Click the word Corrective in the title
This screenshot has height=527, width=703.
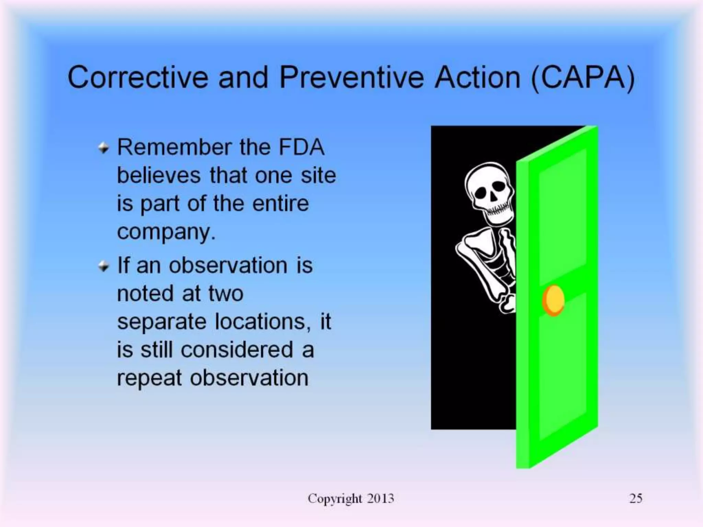click(138, 77)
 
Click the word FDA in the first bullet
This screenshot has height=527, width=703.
click(301, 147)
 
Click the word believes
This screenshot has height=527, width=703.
click(159, 175)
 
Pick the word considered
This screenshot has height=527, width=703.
click(237, 350)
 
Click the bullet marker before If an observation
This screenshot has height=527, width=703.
click(103, 266)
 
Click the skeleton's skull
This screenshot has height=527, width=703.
click(489, 189)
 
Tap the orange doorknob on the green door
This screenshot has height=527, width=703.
click(553, 300)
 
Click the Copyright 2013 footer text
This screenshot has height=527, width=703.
click(351, 499)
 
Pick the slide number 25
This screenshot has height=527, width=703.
click(636, 499)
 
